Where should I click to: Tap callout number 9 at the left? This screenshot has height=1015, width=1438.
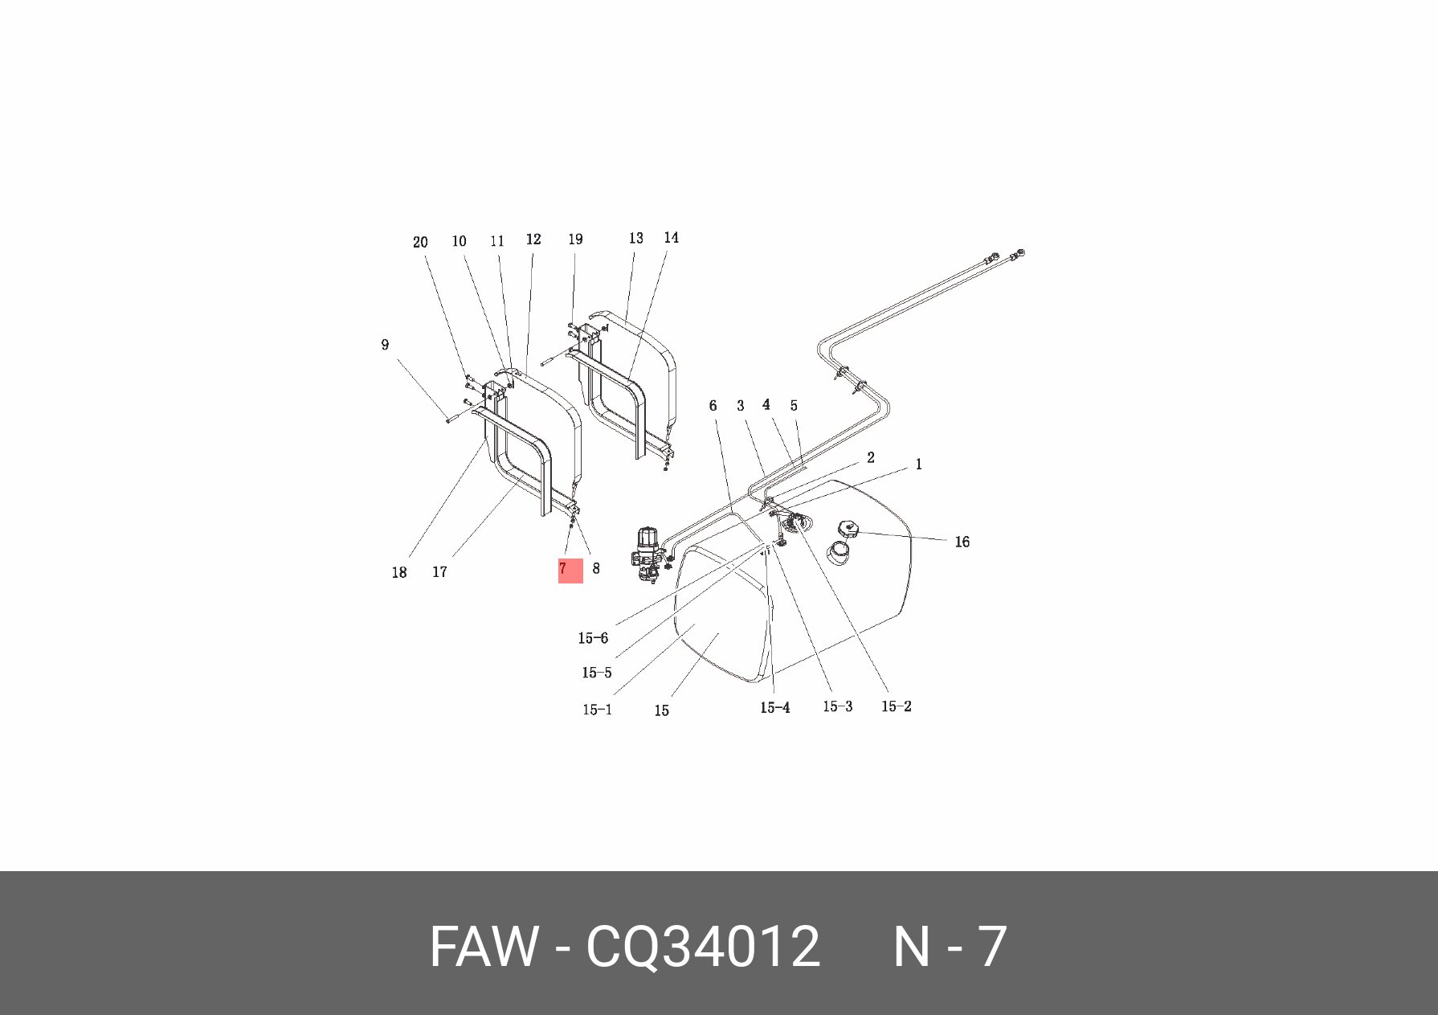click(385, 345)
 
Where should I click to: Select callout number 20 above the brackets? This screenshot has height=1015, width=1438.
click(420, 242)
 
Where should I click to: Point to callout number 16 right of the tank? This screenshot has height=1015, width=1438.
click(962, 542)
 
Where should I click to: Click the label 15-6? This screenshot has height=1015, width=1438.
click(593, 638)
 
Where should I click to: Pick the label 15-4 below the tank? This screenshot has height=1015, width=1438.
click(774, 708)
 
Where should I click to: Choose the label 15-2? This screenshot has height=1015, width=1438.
click(896, 706)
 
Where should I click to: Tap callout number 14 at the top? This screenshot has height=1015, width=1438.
click(671, 237)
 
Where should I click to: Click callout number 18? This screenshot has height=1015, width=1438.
click(399, 573)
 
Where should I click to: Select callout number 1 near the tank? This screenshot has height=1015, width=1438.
click(918, 465)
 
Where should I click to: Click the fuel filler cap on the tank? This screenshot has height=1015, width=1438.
click(848, 530)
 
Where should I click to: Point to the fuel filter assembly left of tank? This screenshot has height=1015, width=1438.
click(648, 555)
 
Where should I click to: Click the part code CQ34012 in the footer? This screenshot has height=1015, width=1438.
click(703, 947)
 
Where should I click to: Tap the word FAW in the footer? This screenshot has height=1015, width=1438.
click(483, 947)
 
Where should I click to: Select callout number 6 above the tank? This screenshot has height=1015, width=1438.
click(713, 406)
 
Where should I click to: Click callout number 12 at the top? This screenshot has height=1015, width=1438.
click(533, 239)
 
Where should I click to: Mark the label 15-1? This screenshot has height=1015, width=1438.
click(597, 710)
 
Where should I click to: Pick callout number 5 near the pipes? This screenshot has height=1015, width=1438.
click(794, 406)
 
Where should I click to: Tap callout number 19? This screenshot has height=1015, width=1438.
click(575, 239)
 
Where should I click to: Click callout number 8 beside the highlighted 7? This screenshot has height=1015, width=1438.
click(595, 568)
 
